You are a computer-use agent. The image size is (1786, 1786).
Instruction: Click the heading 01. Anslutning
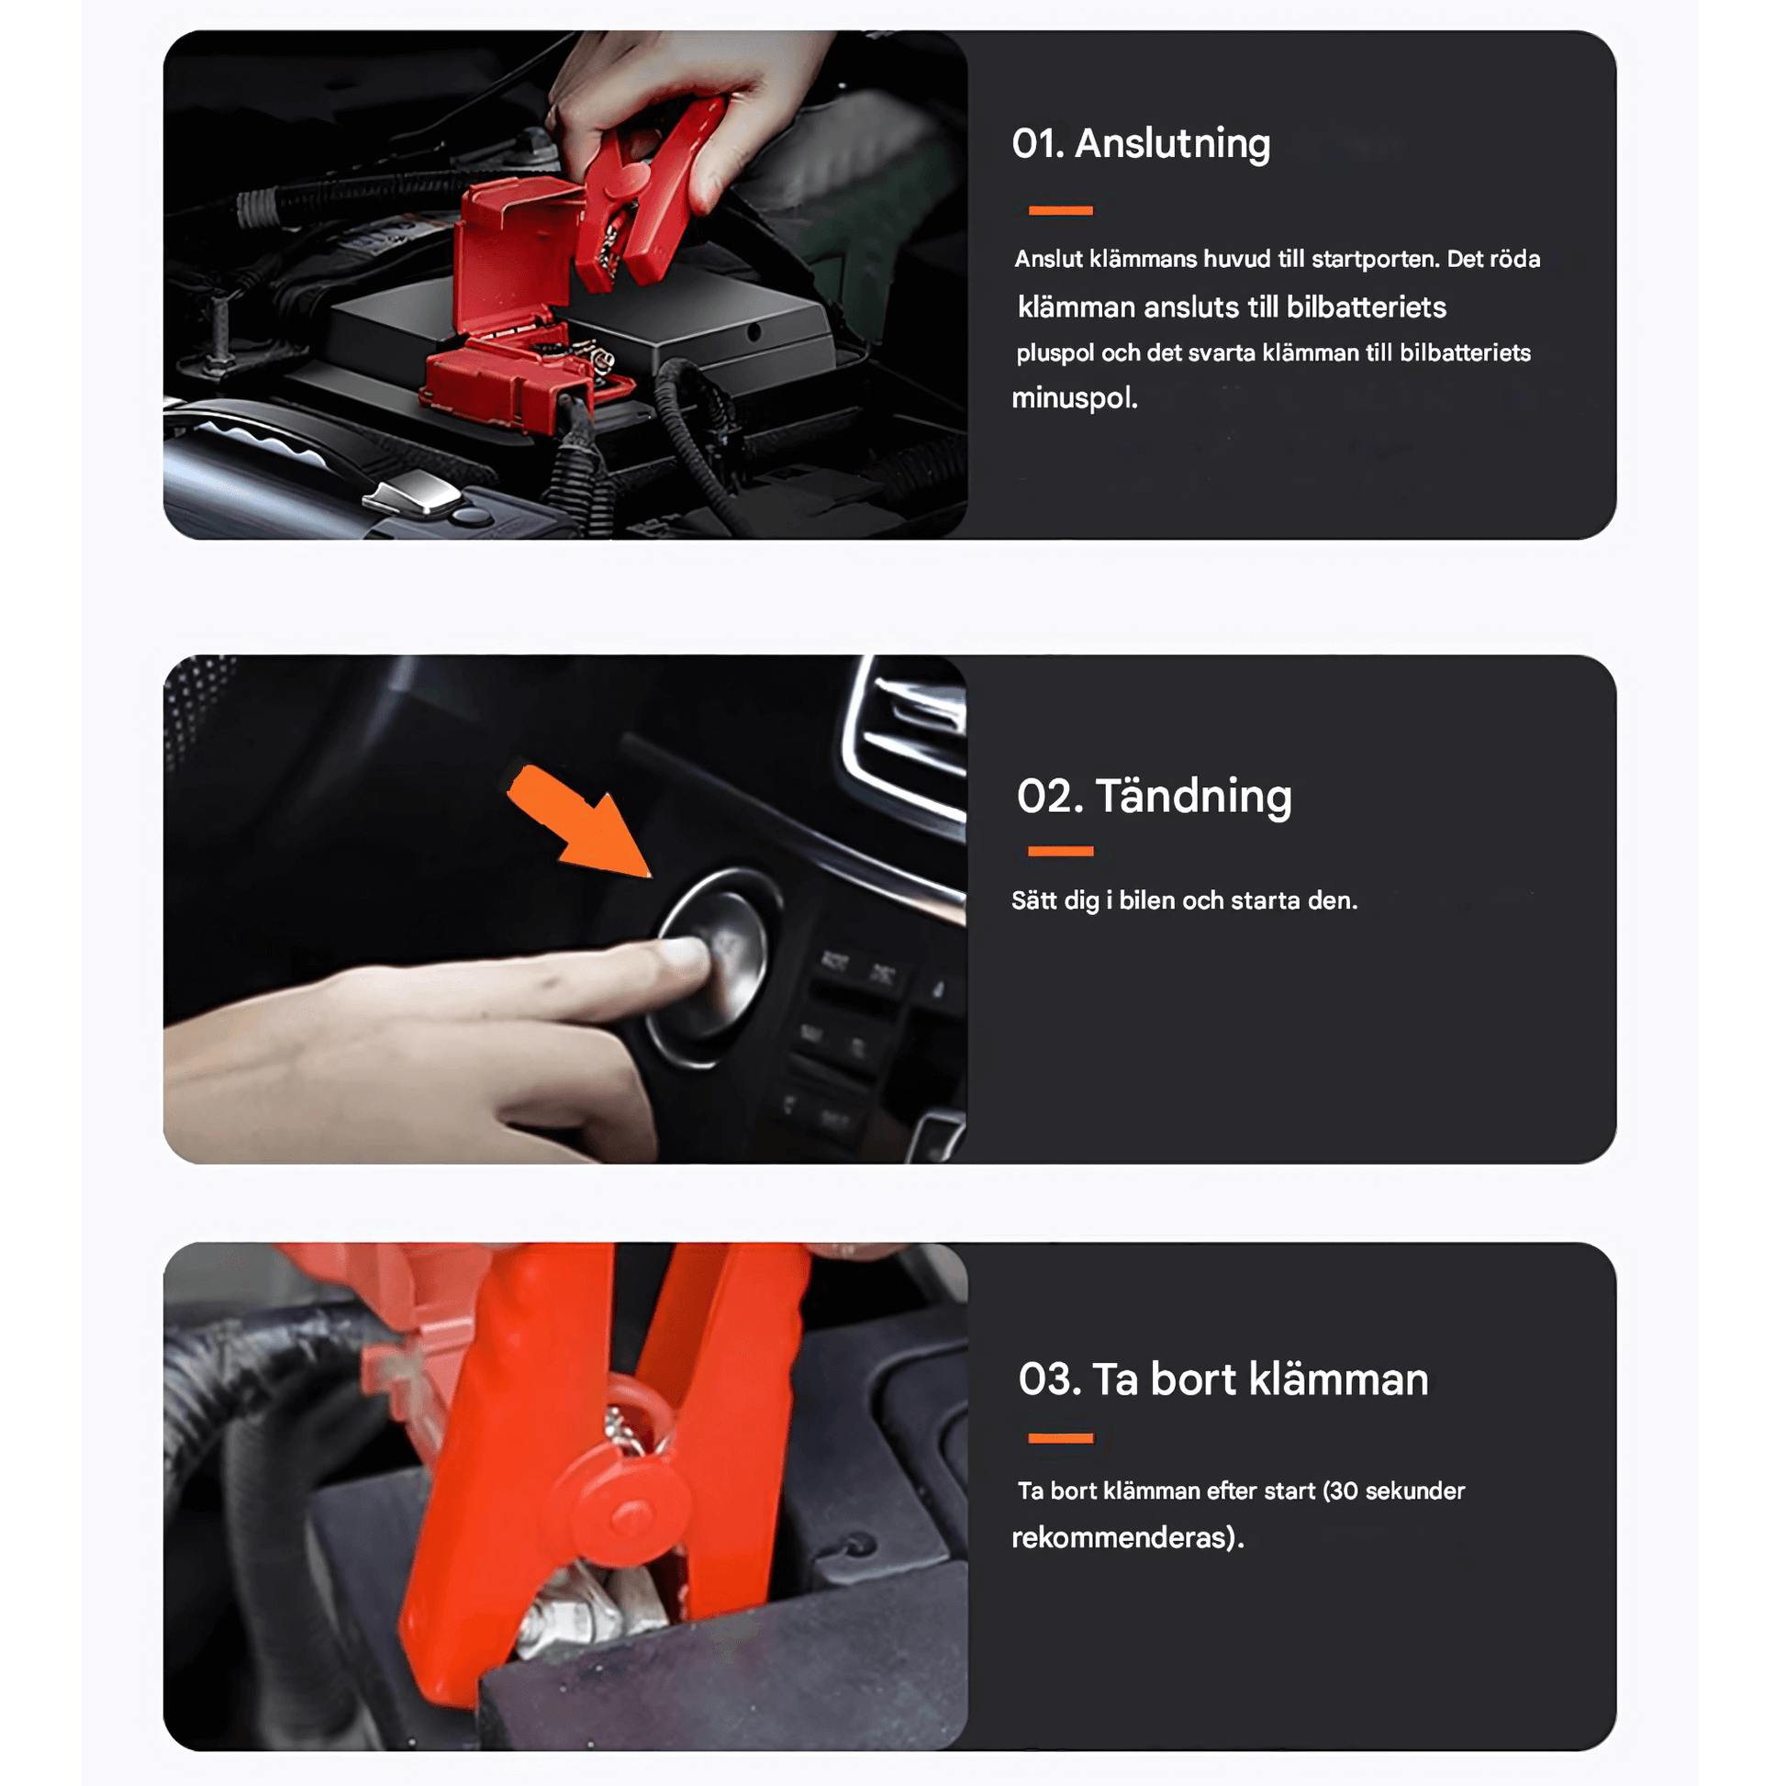point(1141,144)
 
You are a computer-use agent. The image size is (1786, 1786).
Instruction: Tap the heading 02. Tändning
point(1154,796)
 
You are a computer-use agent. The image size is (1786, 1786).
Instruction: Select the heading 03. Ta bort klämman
point(1223,1379)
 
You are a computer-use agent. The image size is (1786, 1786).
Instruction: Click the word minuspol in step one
point(1073,398)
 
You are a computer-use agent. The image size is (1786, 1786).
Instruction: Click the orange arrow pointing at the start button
point(581,821)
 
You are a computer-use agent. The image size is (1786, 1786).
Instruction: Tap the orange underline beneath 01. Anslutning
point(1060,211)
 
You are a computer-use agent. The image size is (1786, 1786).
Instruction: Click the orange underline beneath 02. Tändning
point(1060,852)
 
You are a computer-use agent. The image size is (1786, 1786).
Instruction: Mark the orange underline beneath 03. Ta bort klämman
point(1060,1438)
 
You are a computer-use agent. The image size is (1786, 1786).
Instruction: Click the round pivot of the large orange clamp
point(631,1513)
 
